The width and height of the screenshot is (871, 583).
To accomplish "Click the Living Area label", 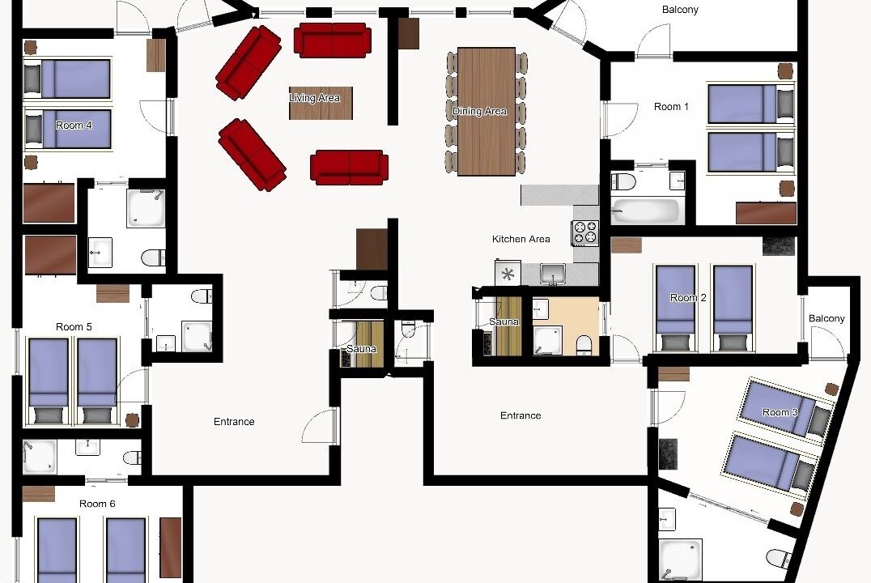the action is click(314, 98).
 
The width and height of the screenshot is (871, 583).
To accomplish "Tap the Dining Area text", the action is click(479, 111).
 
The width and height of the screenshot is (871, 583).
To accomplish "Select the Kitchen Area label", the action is click(521, 239).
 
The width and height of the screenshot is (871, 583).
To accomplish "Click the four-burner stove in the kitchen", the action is click(585, 233).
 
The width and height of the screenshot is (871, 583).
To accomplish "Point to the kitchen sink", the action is click(552, 274).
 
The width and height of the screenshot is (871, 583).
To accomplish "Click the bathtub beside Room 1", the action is click(645, 211).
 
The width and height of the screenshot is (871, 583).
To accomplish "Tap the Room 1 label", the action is click(671, 107).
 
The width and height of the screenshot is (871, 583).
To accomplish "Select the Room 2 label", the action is click(688, 298).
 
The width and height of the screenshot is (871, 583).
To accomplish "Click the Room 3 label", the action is click(780, 412).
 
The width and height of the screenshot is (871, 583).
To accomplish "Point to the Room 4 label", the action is click(74, 126).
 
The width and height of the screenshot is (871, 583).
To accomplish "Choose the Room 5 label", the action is click(74, 327).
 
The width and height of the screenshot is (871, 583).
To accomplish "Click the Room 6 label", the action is click(97, 504).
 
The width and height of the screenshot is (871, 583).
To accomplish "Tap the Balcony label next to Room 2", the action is click(826, 318).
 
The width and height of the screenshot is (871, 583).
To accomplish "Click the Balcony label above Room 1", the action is click(680, 10).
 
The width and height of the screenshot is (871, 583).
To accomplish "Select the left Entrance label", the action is click(234, 422).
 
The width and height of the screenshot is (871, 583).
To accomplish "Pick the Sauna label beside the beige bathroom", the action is click(503, 321).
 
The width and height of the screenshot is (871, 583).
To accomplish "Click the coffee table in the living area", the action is click(321, 103).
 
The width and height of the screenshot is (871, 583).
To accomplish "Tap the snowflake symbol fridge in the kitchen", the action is click(508, 274).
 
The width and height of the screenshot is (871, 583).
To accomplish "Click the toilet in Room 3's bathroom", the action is click(778, 558).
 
